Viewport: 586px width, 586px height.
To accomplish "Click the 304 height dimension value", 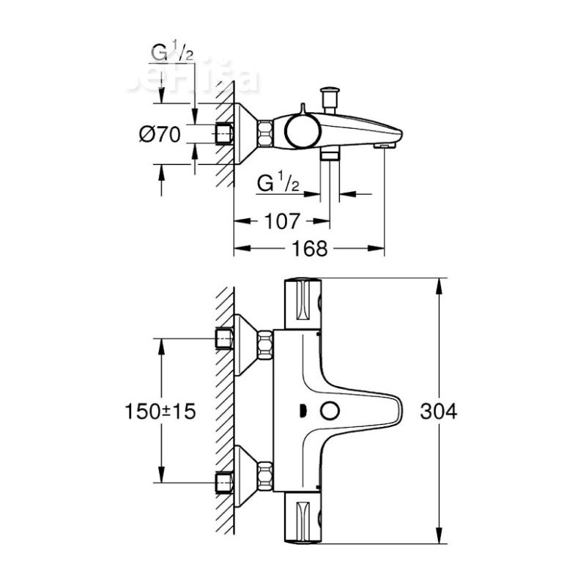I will click(439, 412).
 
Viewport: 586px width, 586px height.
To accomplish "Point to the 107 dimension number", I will click(281, 220).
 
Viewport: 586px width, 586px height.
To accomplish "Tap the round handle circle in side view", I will click(301, 131).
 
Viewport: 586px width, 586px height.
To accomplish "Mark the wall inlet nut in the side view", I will click(226, 135).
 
